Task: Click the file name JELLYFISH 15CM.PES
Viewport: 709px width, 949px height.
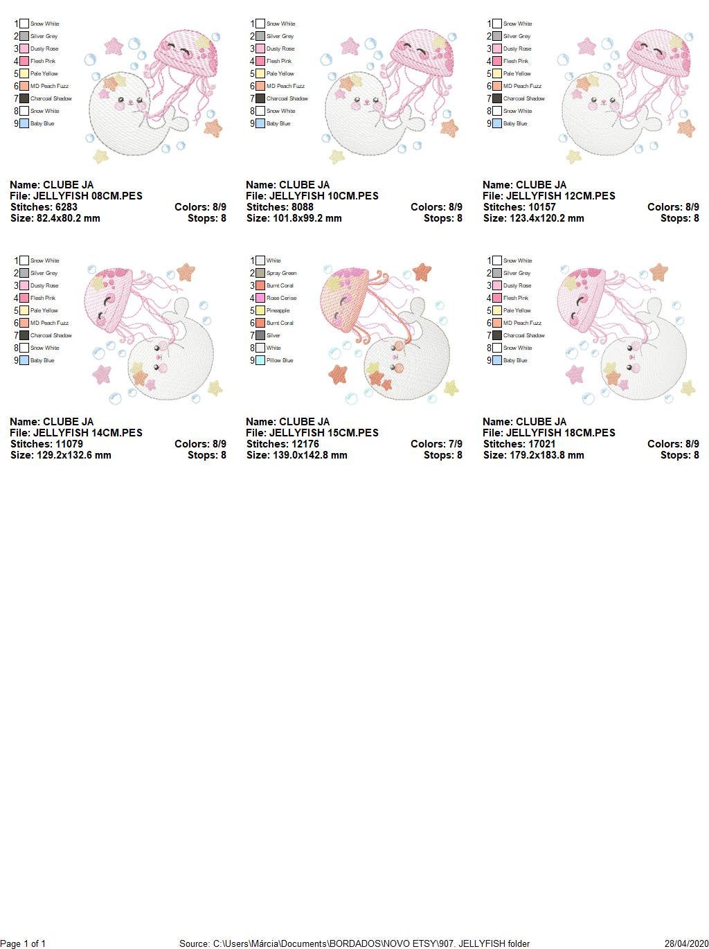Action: coord(324,433)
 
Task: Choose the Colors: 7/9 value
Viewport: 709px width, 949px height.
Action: coord(436,444)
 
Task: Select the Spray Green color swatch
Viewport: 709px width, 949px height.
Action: coord(260,273)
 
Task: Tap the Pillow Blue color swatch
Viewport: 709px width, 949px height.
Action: coord(260,360)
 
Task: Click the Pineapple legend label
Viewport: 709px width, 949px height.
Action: coord(278,310)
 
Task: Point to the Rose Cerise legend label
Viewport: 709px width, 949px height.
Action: coord(281,298)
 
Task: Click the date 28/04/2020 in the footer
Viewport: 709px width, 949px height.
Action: coord(685,943)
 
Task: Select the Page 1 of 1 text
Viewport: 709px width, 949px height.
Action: coord(24,943)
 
